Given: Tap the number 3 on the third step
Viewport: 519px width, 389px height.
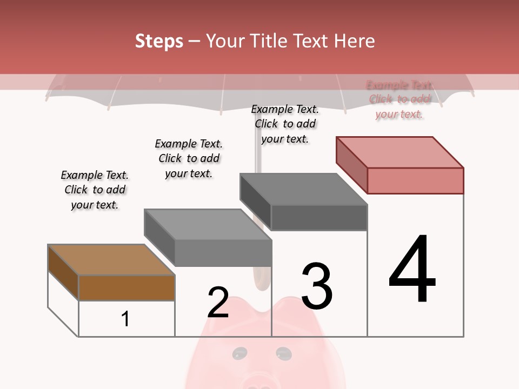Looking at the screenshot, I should click(317, 286).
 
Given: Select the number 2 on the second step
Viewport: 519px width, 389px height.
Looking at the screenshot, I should click(218, 303).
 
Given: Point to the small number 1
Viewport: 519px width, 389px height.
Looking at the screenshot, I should click(125, 319).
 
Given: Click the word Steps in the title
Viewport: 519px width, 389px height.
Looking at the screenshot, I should click(159, 41).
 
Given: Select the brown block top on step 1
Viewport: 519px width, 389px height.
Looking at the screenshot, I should click(111, 260).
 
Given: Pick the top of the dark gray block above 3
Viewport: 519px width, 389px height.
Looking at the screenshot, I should click(303, 189).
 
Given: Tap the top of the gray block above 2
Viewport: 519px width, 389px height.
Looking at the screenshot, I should click(208, 224).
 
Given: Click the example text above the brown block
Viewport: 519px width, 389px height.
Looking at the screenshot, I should click(95, 190).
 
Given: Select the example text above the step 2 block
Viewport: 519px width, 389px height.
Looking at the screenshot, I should click(189, 158).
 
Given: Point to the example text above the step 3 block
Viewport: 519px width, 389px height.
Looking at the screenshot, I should click(285, 124).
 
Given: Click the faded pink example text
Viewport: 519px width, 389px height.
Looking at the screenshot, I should click(399, 99).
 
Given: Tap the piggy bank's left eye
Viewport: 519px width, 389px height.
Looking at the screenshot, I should click(238, 354).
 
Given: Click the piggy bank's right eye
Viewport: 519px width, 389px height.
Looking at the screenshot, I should click(282, 353).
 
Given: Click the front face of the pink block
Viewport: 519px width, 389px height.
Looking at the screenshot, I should click(415, 180).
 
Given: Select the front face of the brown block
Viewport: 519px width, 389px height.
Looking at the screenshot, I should click(127, 287).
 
